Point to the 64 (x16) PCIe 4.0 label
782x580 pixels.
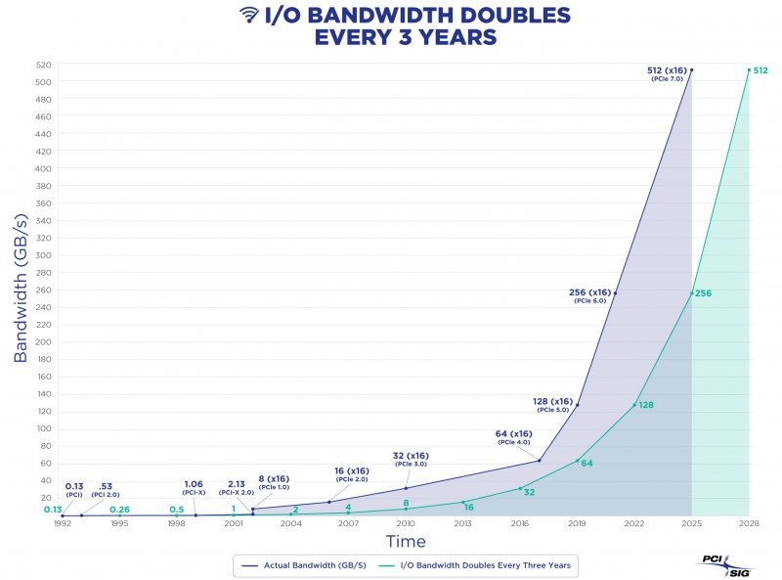click(513, 436)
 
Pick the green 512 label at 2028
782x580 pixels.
click(760, 69)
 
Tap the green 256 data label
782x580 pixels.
click(704, 292)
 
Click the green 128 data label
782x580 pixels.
click(645, 404)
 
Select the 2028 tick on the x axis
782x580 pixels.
click(749, 524)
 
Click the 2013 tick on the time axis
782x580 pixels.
click(462, 524)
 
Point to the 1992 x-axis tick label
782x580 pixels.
click(62, 524)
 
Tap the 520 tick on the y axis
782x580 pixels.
click(45, 65)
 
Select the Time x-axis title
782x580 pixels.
click(405, 541)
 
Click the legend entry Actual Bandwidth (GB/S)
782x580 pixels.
click(312, 564)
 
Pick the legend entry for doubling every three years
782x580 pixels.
click(489, 564)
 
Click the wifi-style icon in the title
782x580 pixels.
click(249, 16)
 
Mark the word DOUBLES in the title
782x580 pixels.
click(508, 16)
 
